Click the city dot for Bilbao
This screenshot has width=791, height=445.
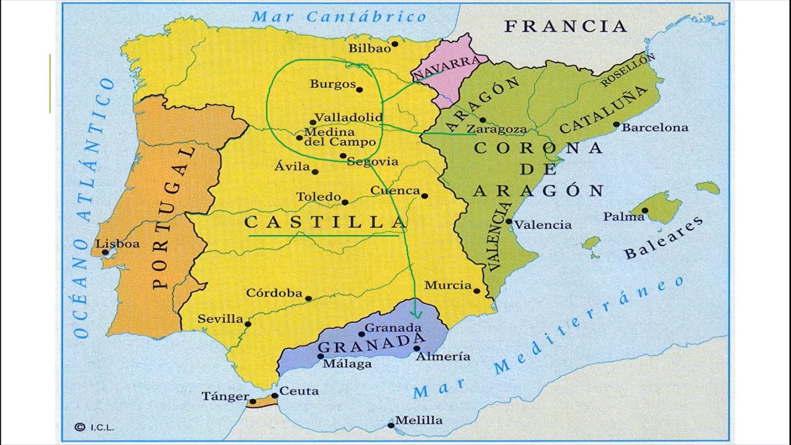(394, 44)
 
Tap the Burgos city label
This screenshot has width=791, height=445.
(332, 83)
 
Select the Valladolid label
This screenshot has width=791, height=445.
(349, 117)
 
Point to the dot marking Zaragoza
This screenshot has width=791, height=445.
(482, 120)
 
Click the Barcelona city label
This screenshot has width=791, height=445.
(654, 127)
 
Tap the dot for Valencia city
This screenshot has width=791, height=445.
(509, 221)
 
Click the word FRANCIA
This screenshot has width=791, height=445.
(565, 26)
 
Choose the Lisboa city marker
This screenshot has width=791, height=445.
(105, 252)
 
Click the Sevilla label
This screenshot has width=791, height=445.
(220, 319)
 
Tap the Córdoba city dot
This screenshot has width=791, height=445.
(308, 299)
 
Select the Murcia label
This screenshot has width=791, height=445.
(448, 285)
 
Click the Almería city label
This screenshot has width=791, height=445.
(442, 357)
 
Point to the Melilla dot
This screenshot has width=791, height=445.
(391, 425)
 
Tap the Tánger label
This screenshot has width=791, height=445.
(225, 396)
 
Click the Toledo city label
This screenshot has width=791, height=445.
(318, 197)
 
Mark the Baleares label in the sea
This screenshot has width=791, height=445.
(663, 238)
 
